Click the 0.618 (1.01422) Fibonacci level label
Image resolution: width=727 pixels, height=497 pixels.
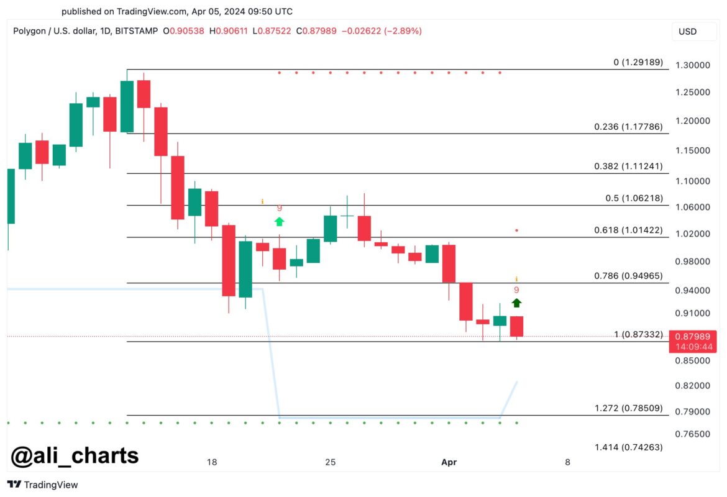(x=628, y=230)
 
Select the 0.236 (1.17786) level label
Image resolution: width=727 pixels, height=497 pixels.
(x=628, y=127)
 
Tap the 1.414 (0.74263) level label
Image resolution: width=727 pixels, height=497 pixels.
(x=628, y=447)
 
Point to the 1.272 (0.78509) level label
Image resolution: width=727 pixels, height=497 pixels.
(x=628, y=409)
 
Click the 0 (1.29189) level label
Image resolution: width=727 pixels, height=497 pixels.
(x=638, y=62)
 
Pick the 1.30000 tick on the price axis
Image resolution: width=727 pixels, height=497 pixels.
(x=692, y=65)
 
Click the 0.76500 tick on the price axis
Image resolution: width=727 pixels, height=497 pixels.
(x=692, y=434)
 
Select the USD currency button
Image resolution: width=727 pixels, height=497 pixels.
(x=687, y=32)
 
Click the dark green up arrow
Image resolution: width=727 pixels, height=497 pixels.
(x=516, y=303)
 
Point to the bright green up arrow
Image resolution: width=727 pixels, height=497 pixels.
(x=279, y=221)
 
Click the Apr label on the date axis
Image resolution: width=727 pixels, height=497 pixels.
(x=449, y=462)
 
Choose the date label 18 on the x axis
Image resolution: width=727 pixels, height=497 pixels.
(x=212, y=462)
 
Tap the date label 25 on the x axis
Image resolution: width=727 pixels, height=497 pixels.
(x=330, y=462)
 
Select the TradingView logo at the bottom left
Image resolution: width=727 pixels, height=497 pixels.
(x=43, y=485)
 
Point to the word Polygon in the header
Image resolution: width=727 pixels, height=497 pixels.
(x=30, y=30)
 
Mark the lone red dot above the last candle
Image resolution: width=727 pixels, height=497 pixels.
(x=516, y=230)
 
